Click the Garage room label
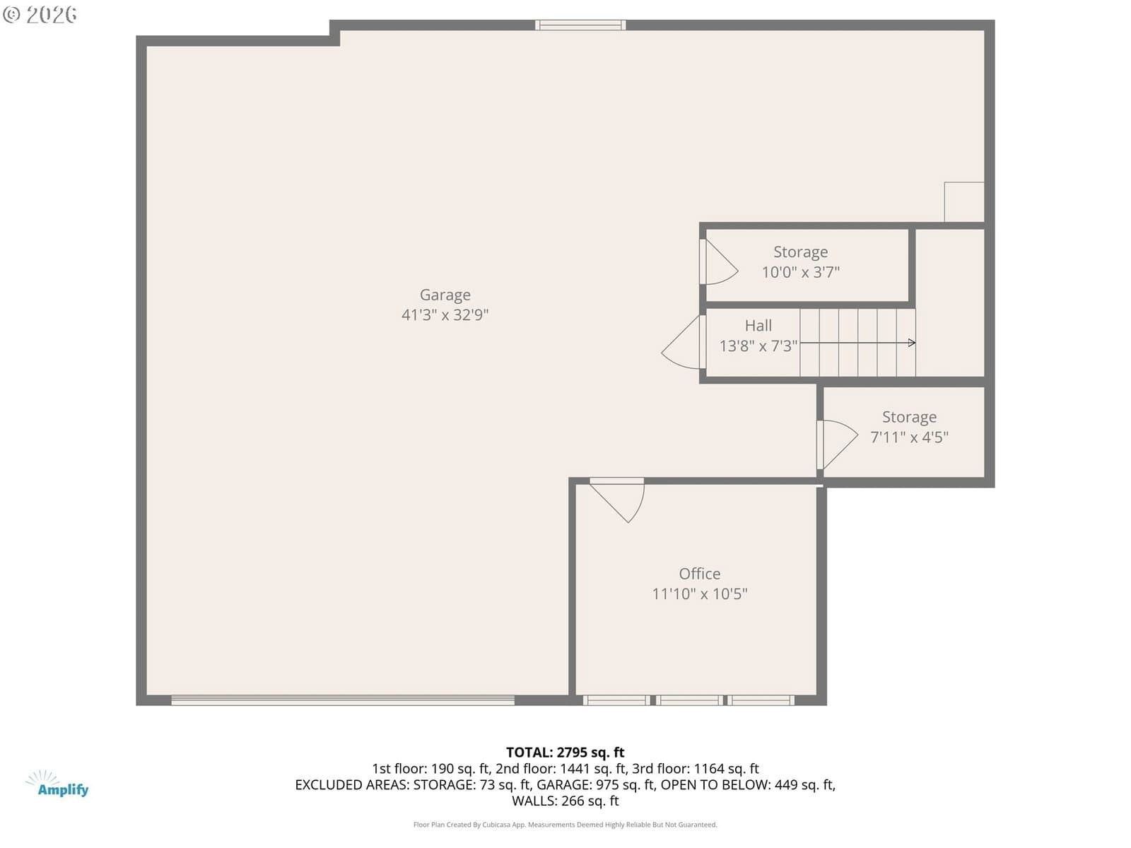(x=445, y=295)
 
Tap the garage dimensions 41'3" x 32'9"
(x=445, y=314)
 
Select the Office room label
(x=699, y=574)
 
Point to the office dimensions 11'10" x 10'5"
(x=699, y=594)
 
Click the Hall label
(x=758, y=325)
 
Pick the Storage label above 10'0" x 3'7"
(x=800, y=252)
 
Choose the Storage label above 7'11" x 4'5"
(x=909, y=417)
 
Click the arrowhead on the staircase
(x=912, y=343)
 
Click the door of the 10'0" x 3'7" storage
(x=718, y=261)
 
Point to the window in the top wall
(x=580, y=25)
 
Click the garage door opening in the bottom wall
(x=343, y=700)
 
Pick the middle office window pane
(x=689, y=700)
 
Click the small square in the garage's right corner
(x=963, y=202)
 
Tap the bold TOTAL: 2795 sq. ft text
(x=565, y=752)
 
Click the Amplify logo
(x=57, y=784)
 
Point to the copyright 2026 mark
(x=40, y=15)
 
